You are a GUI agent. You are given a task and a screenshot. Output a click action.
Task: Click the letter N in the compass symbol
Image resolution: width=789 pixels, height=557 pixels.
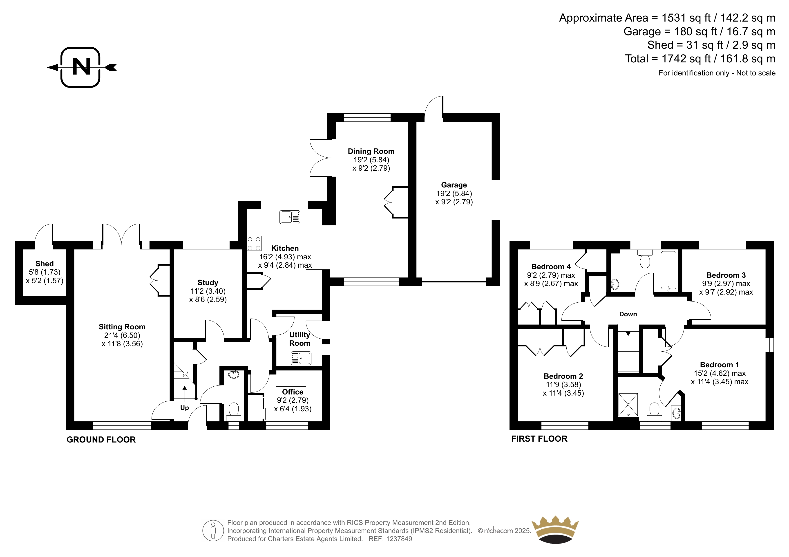pos(81,67)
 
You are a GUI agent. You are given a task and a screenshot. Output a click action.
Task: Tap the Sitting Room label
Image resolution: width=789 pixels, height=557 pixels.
pos(122,327)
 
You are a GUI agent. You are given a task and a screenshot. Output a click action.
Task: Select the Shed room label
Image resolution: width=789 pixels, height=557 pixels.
pos(45,264)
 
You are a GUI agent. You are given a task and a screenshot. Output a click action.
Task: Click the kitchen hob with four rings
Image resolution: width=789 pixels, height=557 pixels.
pos(254,244)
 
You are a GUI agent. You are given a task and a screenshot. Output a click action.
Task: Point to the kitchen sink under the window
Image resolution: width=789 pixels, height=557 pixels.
pos(290,217)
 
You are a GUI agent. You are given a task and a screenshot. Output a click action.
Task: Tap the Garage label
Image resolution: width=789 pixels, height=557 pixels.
pos(454,185)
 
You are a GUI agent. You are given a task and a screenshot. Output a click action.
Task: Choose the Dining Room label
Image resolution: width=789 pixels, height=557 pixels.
pos(371,151)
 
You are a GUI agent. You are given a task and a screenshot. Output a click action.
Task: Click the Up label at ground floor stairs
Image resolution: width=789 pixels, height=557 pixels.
pos(185,408)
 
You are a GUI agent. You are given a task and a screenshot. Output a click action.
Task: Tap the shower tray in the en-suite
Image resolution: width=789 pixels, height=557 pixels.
pos(628,404)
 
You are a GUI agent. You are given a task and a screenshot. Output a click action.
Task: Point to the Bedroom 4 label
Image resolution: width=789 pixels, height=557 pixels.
pos(551,267)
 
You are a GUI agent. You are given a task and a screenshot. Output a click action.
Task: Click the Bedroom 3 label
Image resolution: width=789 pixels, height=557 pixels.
pos(726,275)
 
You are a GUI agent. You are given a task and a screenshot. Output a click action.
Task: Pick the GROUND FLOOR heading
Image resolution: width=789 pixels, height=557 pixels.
pos(101,440)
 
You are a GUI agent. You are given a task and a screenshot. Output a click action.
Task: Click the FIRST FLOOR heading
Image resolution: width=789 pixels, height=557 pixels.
pos(539,439)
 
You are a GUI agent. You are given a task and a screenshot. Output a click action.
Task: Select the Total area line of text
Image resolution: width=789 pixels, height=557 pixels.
pos(700,59)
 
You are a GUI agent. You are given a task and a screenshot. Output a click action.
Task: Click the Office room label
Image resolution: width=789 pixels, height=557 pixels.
pos(293,392)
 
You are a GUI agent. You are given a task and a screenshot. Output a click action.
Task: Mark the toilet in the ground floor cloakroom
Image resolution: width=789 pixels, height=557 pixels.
pos(234,411)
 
